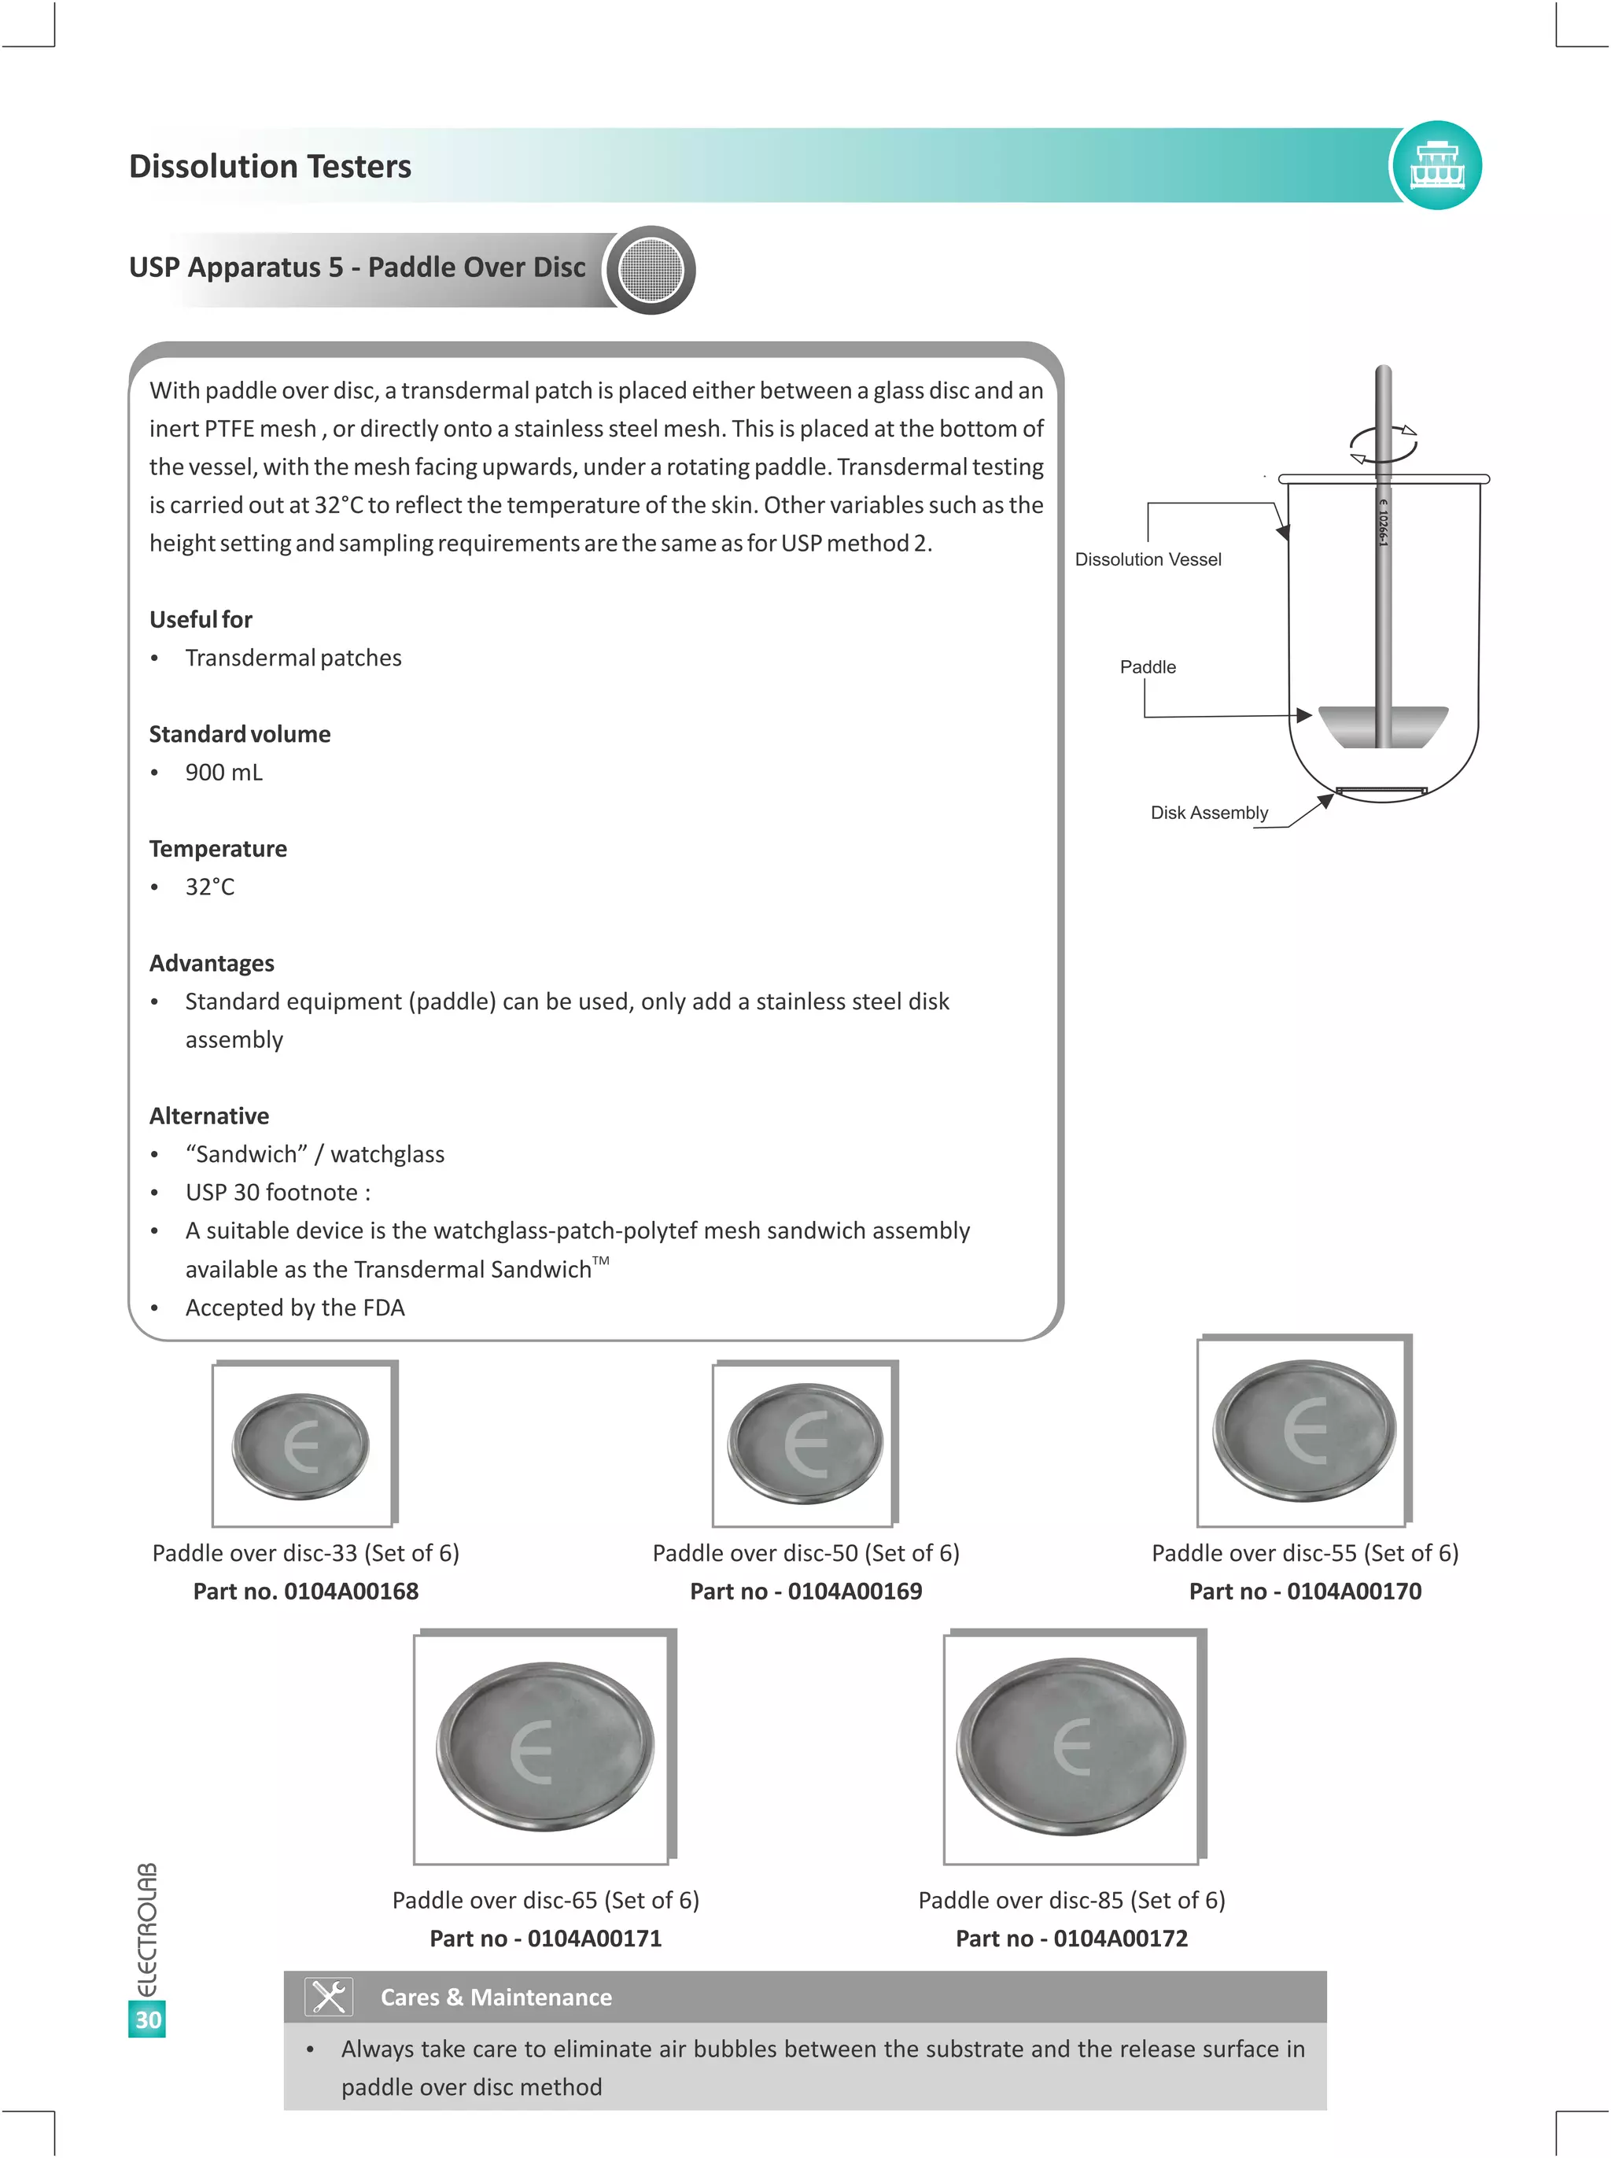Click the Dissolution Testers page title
(x=270, y=166)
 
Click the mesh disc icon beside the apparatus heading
(x=651, y=270)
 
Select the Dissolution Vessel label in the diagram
(x=1147, y=559)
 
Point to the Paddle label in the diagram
(x=1147, y=667)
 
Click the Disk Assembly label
(x=1208, y=812)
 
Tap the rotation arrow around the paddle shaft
(x=1383, y=444)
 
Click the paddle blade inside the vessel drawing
(x=1382, y=725)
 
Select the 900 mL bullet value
(x=223, y=773)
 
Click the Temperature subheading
(x=217, y=848)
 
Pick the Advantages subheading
(x=212, y=964)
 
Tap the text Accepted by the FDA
(x=294, y=1308)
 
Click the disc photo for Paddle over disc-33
(x=301, y=1445)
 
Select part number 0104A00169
(x=805, y=1592)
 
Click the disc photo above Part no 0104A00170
(x=1303, y=1430)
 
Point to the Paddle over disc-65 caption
(x=545, y=1900)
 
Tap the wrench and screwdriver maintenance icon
(x=328, y=1997)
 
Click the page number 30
(x=147, y=2020)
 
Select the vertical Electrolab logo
(x=146, y=1930)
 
